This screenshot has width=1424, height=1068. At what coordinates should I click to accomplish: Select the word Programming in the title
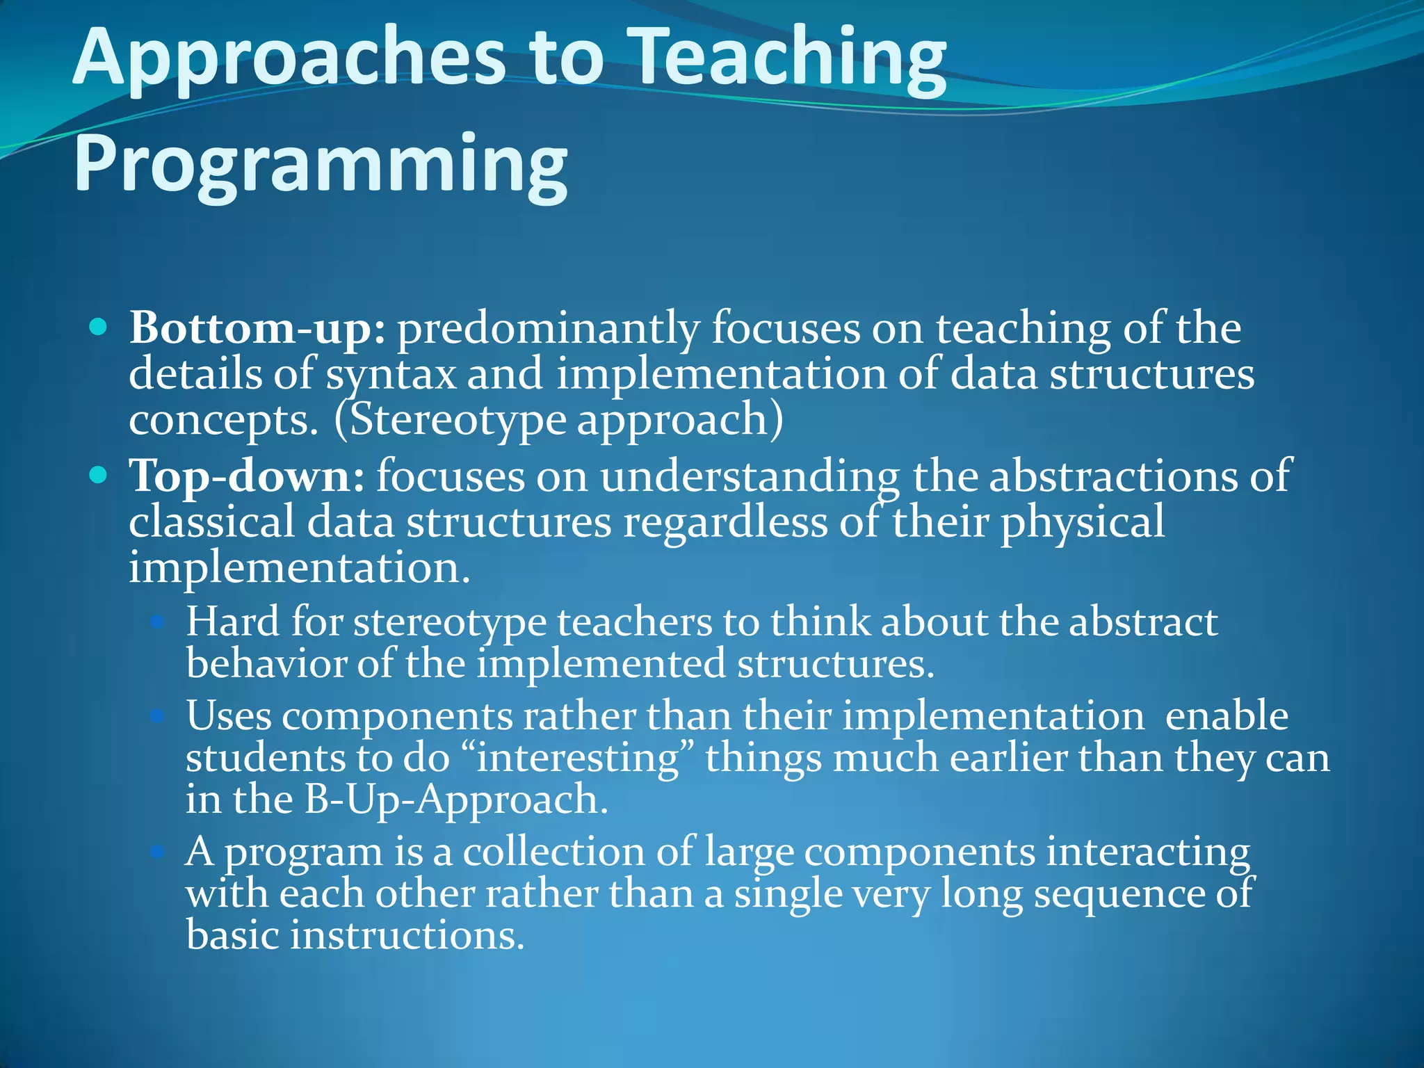(x=321, y=164)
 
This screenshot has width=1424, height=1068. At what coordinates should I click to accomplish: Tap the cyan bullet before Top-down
(x=99, y=476)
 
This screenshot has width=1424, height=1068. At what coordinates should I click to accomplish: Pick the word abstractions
(x=1112, y=477)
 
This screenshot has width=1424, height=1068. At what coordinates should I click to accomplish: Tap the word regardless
(x=725, y=523)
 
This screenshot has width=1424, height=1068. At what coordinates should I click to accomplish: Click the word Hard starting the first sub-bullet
(x=232, y=621)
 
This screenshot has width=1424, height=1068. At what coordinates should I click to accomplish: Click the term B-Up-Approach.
(x=455, y=800)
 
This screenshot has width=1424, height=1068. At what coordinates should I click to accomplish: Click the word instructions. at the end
(x=406, y=935)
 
